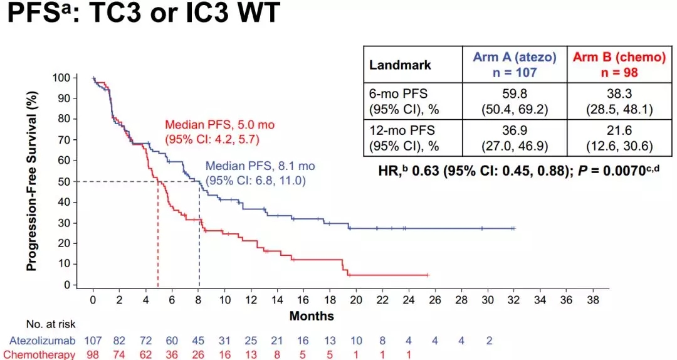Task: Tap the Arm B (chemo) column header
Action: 619,65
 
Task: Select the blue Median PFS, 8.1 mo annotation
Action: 260,172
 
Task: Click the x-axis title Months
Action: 312,316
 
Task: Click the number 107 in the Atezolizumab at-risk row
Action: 93,341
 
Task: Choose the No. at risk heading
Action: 50,324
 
